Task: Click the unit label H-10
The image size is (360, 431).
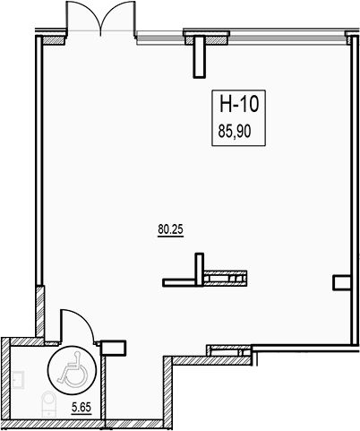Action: [x=238, y=104]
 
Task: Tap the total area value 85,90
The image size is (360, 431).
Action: [x=235, y=131]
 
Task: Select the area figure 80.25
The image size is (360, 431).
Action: [x=170, y=229]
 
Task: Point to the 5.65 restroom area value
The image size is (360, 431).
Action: [x=81, y=407]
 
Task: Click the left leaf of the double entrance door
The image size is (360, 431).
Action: [x=83, y=16]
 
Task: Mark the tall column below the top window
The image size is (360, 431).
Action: [x=200, y=56]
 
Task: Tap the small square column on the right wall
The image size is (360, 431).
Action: [x=341, y=282]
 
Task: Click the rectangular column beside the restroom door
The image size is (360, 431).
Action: [x=114, y=348]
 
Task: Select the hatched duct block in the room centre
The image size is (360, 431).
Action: [x=226, y=279]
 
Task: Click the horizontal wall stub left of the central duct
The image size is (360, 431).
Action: [x=179, y=282]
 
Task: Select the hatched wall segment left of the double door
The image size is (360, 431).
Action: [x=55, y=40]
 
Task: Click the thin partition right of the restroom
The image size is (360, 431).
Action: [x=103, y=388]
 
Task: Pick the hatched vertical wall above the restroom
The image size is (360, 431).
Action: [x=40, y=312]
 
